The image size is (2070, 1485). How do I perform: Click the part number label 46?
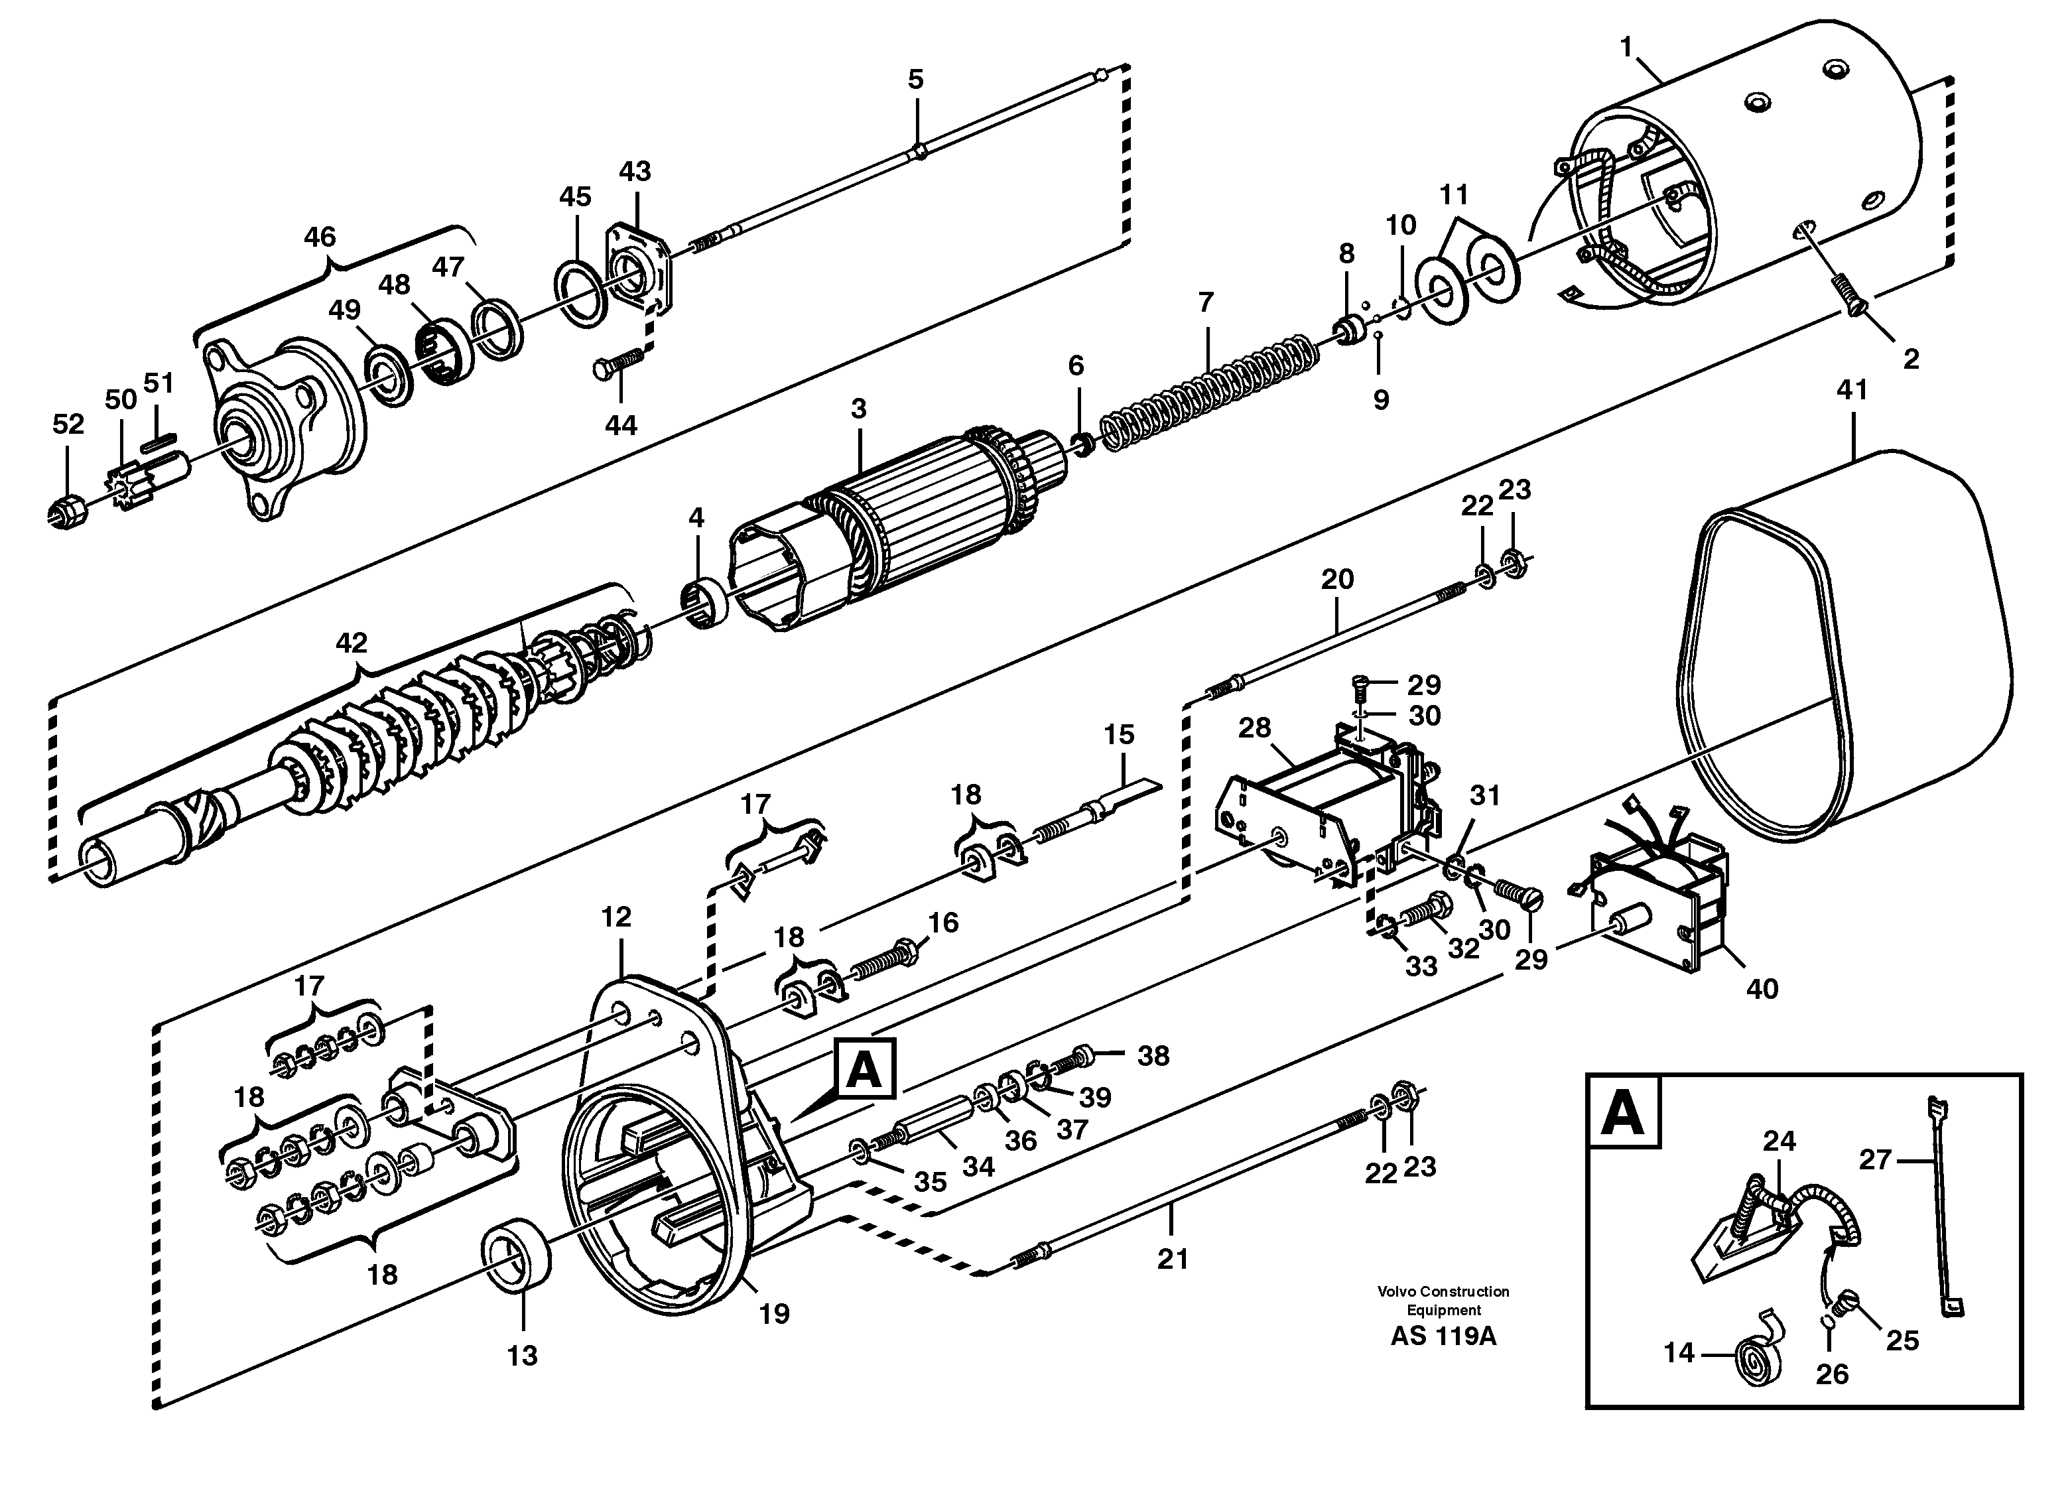pyautogui.click(x=320, y=237)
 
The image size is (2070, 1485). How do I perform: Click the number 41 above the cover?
pyautogui.click(x=1851, y=391)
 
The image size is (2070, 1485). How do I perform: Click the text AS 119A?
pyautogui.click(x=1443, y=1337)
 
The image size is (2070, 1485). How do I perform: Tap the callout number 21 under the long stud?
pyautogui.click(x=1172, y=1259)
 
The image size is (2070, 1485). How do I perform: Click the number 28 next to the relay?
pyautogui.click(x=1254, y=728)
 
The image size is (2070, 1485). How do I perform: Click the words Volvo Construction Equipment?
pyautogui.click(x=1443, y=1300)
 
